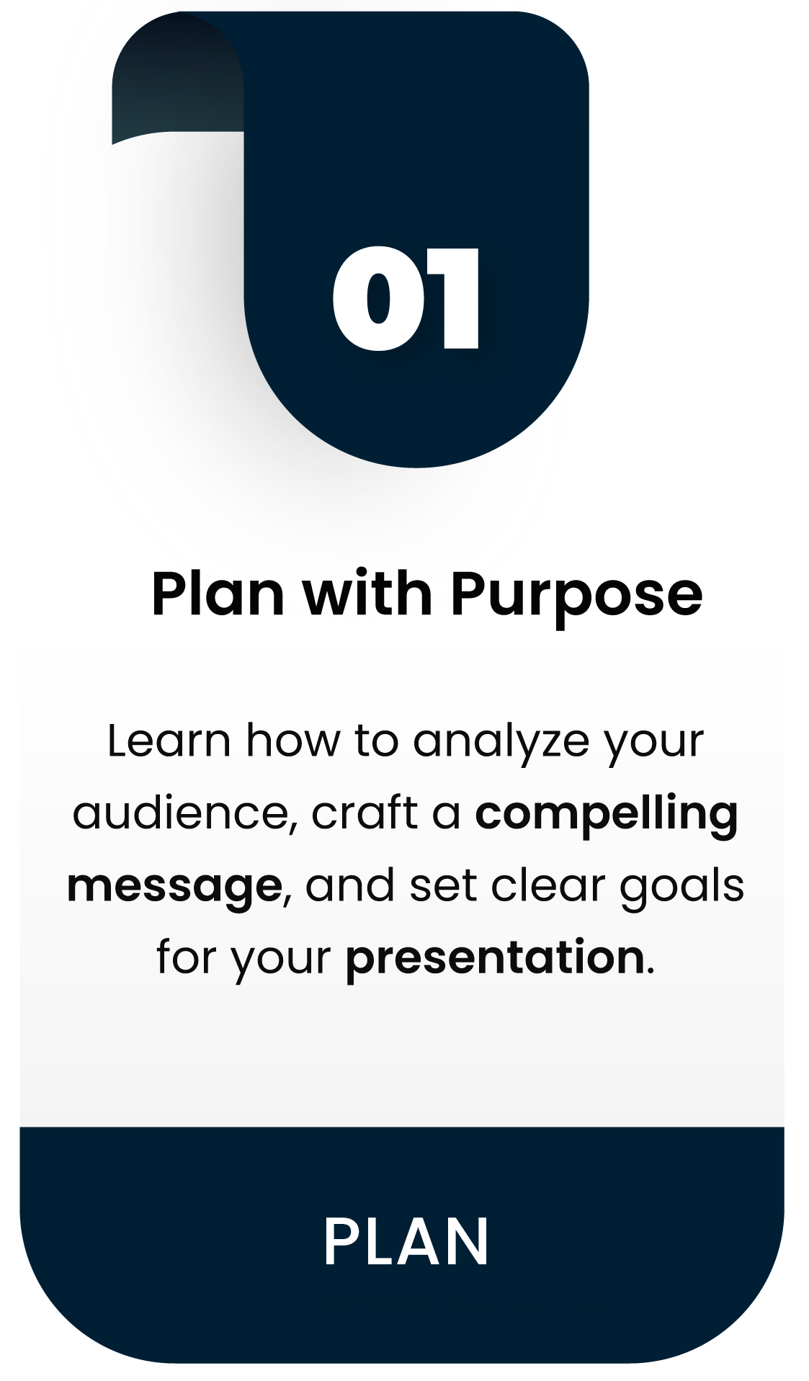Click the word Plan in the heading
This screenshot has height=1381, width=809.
pyautogui.click(x=218, y=594)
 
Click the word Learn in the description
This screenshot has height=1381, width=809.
pyautogui.click(x=169, y=740)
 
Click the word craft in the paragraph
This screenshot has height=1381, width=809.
pyautogui.click(x=365, y=813)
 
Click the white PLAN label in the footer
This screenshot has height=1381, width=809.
pyautogui.click(x=406, y=1241)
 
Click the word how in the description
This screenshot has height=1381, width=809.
pyautogui.click(x=292, y=740)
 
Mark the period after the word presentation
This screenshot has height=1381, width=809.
pyautogui.click(x=651, y=972)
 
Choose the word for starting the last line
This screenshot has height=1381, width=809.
pyautogui.click(x=187, y=957)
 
